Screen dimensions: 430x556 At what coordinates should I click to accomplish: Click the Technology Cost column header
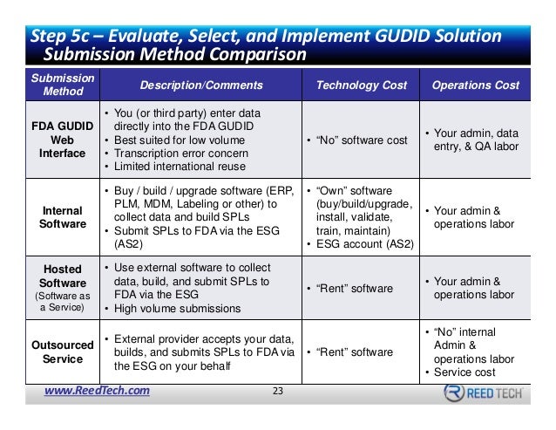(360, 85)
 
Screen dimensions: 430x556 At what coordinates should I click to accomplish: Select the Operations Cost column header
(475, 85)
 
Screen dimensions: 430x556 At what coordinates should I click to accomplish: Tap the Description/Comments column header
(200, 85)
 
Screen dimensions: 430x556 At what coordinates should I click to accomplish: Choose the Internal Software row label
(62, 217)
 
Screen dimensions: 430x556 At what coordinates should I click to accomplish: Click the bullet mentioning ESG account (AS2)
(360, 245)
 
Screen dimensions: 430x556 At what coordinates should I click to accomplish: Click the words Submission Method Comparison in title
(174, 54)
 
